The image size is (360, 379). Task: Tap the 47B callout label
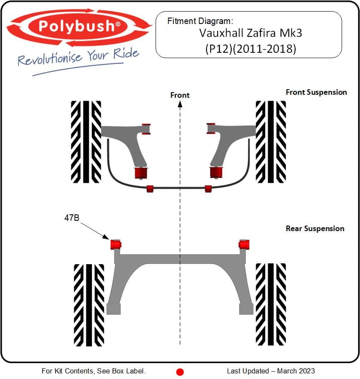[x=72, y=218]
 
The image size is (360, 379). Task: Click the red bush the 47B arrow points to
[x=116, y=244]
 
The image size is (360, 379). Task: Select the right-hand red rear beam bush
[x=244, y=244]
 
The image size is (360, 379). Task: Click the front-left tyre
[x=86, y=142]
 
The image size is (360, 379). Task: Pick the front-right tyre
[x=271, y=142]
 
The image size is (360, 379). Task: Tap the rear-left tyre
[x=89, y=305]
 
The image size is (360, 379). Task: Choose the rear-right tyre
[x=271, y=304]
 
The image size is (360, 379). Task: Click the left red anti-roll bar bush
[x=150, y=189]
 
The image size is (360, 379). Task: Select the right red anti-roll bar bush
[x=208, y=189]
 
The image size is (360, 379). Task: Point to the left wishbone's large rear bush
[x=141, y=173]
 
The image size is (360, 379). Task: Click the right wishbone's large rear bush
[x=216, y=172]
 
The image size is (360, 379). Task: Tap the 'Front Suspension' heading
[x=316, y=92]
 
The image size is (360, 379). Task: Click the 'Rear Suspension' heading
[x=315, y=229]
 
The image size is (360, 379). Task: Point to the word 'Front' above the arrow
[x=180, y=95]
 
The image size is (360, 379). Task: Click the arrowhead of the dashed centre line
[x=180, y=104]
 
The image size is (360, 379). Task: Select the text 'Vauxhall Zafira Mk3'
[x=251, y=33]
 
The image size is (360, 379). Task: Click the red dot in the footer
[x=180, y=372]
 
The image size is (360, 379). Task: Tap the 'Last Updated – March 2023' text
[x=271, y=371]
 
